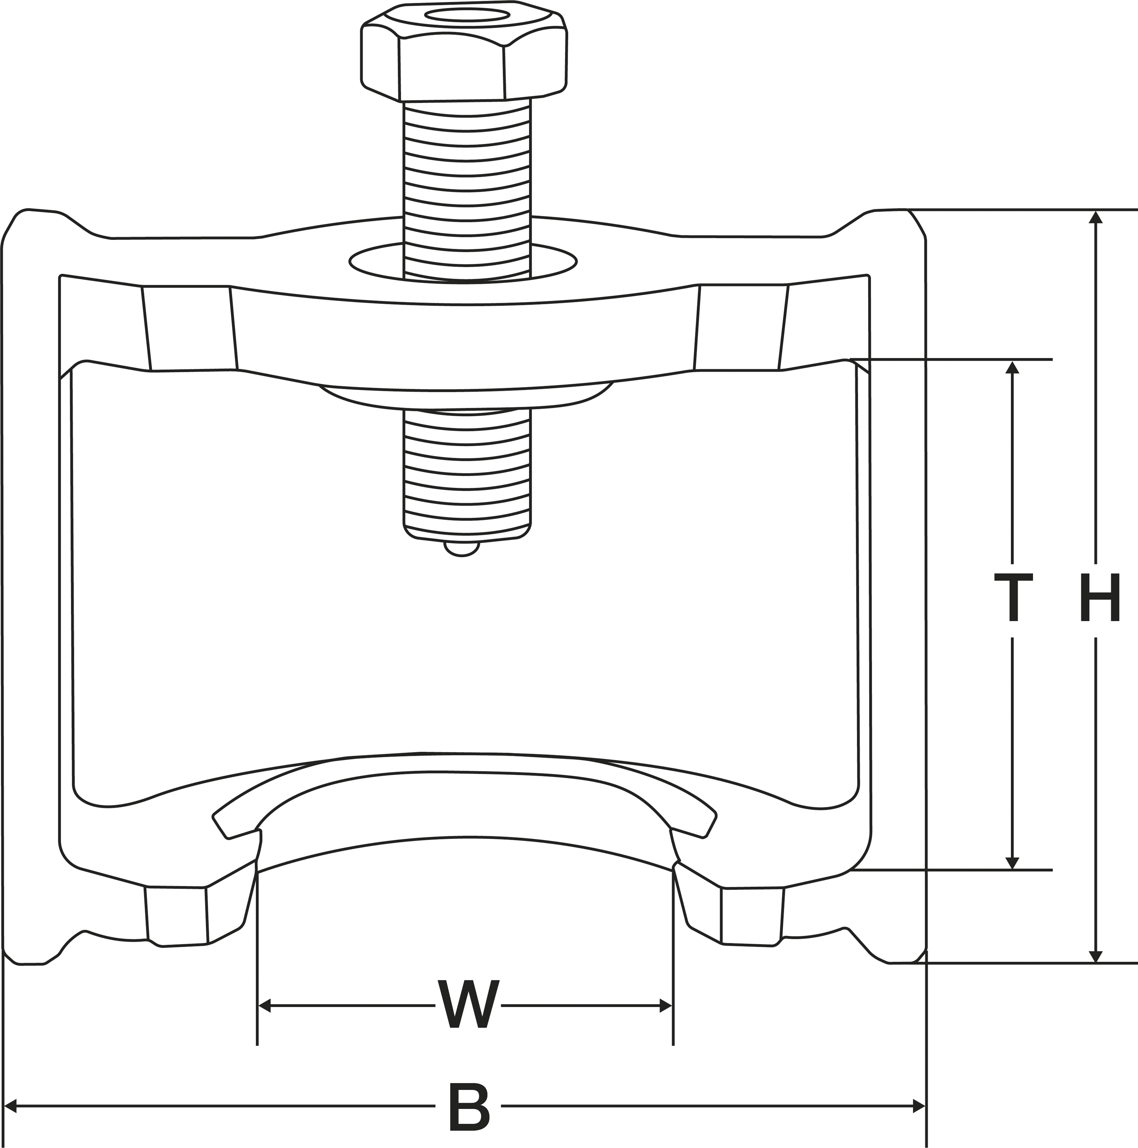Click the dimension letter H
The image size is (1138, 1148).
coord(1099,597)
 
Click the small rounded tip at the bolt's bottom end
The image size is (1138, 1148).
coord(462,549)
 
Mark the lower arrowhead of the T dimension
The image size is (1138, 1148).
coord(1012,863)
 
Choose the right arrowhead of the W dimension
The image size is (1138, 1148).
coord(666,1006)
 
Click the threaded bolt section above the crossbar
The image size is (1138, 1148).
coord(467,178)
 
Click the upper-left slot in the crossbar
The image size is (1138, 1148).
coord(189,328)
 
